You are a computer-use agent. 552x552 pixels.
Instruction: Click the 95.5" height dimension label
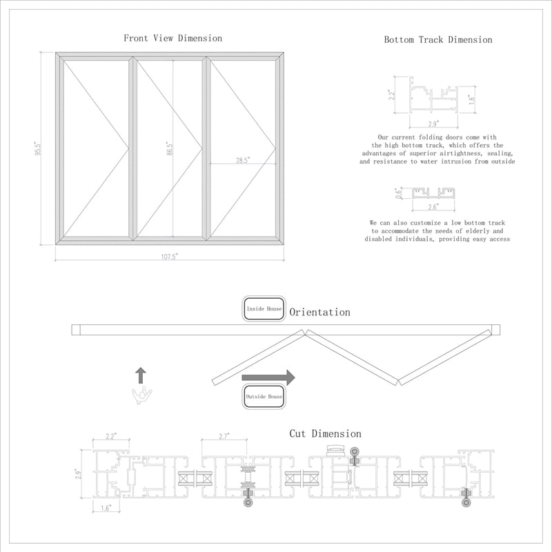pos(39,148)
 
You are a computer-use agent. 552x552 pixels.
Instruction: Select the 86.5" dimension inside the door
pos(170,148)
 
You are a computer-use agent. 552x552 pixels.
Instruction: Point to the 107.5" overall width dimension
pos(170,256)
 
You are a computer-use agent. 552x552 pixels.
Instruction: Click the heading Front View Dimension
pos(172,38)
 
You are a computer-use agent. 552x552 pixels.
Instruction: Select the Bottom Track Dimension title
pos(438,39)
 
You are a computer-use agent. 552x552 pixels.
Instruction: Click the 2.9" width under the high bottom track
pos(433,124)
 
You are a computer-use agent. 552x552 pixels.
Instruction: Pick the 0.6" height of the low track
pos(398,193)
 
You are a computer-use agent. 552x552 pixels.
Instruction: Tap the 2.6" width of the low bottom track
pos(433,206)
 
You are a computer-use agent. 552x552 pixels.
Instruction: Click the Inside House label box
pos(264,309)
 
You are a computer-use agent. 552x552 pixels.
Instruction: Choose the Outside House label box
pos(264,397)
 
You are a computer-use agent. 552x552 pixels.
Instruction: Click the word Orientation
pos(319,313)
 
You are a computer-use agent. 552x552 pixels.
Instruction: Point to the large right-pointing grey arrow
pos(268,377)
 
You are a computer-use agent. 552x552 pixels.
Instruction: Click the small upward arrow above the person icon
pos(141,375)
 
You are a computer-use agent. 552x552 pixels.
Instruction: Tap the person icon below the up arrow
pos(141,395)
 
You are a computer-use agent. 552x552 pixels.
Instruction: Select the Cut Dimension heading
pos(325,434)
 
